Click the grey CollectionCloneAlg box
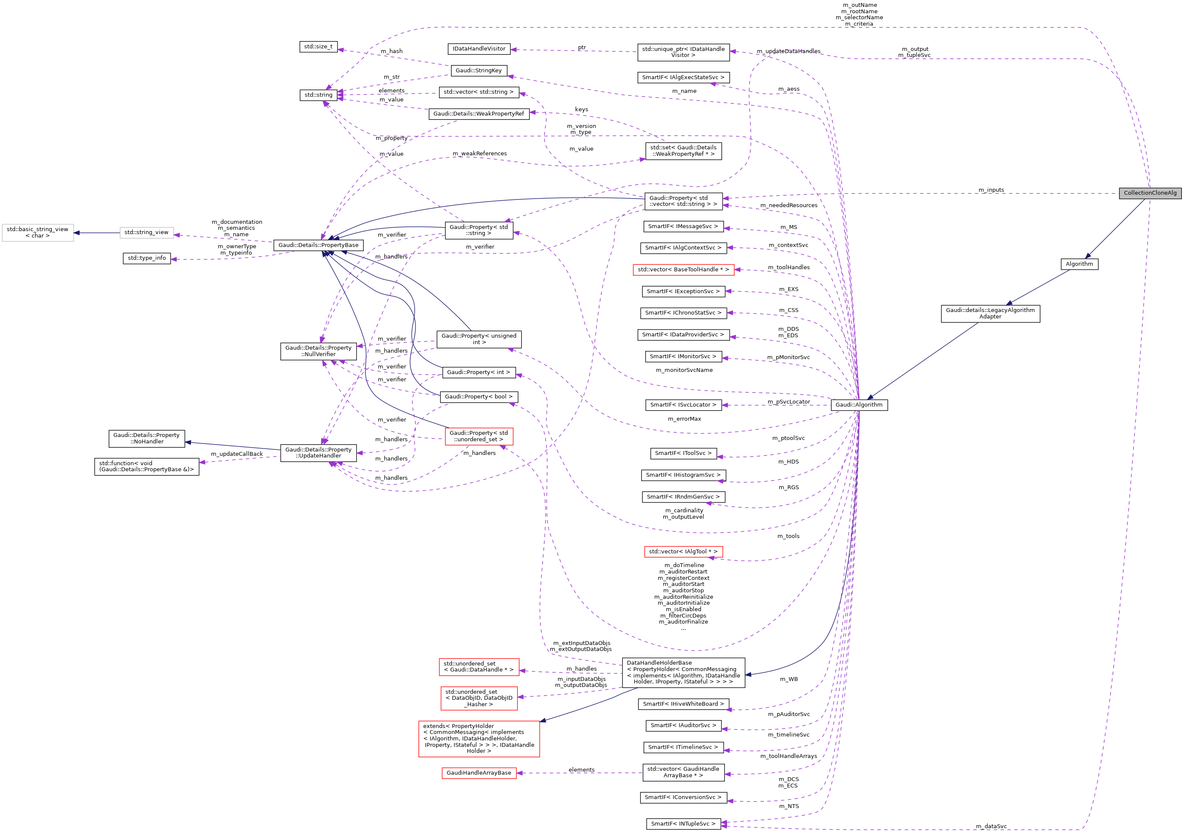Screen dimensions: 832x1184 pyautogui.click(x=1149, y=193)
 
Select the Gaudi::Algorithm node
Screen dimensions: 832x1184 pyautogui.click(x=859, y=405)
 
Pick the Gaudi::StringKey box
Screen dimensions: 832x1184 pyautogui.click(x=478, y=71)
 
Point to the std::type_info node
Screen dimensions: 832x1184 pyautogui.click(x=146, y=258)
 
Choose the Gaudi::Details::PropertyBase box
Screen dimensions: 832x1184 pyautogui.click(x=318, y=245)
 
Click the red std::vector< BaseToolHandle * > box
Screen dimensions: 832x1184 pyautogui.click(x=683, y=270)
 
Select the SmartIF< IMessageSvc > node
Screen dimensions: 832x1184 pyautogui.click(x=683, y=226)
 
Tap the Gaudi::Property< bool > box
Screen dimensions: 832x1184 pyautogui.click(x=478, y=397)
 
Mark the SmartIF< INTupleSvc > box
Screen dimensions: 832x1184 pyautogui.click(x=683, y=824)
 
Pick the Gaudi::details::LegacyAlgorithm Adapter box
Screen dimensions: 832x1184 pyautogui.click(x=990, y=314)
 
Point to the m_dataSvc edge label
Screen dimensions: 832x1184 pyautogui.click(x=991, y=826)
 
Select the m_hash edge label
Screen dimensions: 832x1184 pyautogui.click(x=392, y=51)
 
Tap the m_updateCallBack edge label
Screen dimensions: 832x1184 pyautogui.click(x=237, y=454)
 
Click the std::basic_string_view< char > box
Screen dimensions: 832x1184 pyautogui.click(x=38, y=233)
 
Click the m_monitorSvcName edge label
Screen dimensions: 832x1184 pyautogui.click(x=684, y=370)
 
